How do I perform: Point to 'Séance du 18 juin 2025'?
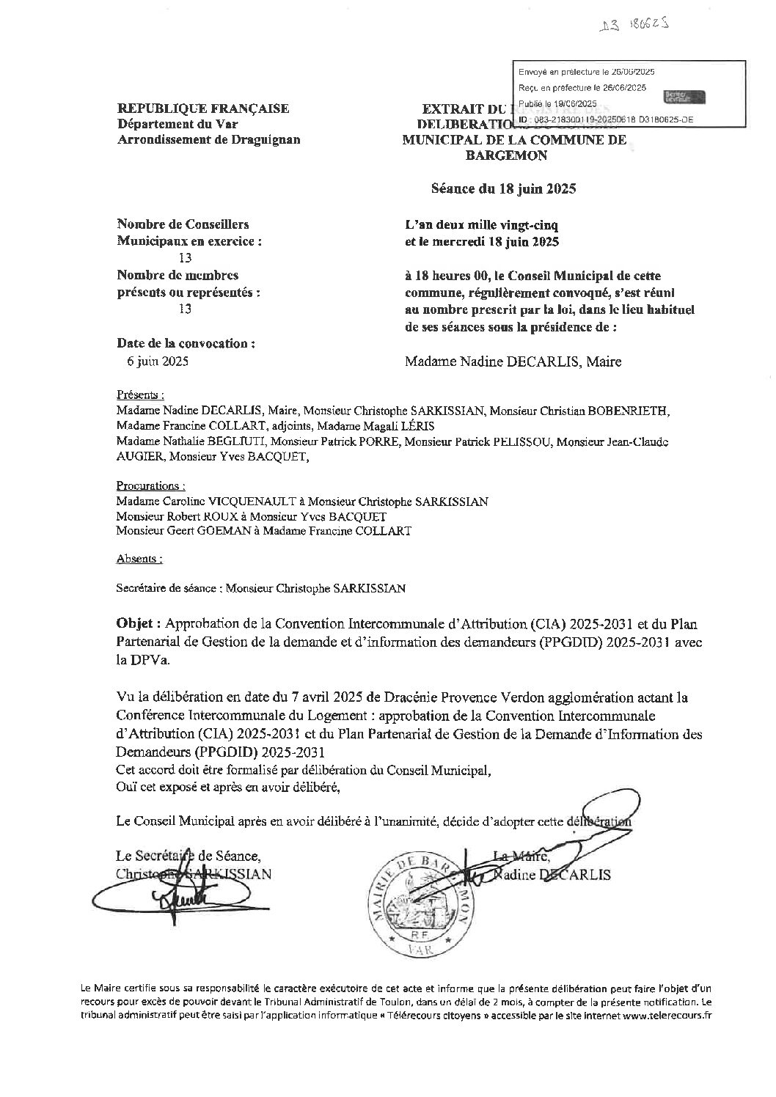click(x=503, y=188)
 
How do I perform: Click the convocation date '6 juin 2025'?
click(x=158, y=360)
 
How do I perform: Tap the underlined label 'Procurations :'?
click(x=150, y=485)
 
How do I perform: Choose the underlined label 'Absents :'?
click(x=139, y=559)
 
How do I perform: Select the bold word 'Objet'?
click(x=138, y=624)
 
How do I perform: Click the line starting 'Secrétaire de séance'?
click(x=260, y=587)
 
